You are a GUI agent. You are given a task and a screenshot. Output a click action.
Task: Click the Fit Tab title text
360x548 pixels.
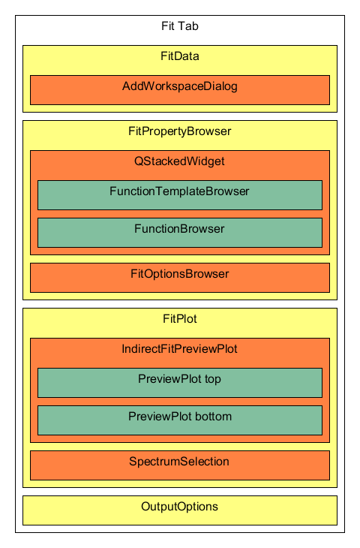click(180, 26)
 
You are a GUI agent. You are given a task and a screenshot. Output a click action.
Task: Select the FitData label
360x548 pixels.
click(180, 56)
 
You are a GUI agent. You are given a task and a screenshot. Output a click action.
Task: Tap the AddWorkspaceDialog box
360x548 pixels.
click(180, 90)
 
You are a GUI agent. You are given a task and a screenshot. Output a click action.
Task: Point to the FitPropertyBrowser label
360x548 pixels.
click(180, 131)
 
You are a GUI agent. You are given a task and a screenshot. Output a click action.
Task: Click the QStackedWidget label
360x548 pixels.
click(179, 161)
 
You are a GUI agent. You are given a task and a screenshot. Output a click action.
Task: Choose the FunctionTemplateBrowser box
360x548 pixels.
click(180, 195)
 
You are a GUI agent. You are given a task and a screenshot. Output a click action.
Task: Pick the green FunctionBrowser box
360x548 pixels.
click(180, 233)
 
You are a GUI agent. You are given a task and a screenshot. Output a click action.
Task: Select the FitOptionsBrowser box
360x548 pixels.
click(180, 278)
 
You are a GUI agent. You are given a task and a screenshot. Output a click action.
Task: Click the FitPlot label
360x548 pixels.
click(180, 319)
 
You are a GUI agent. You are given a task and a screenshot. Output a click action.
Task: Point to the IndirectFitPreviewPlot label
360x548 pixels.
click(179, 349)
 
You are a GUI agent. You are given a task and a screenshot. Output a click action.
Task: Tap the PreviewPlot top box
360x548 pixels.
click(180, 383)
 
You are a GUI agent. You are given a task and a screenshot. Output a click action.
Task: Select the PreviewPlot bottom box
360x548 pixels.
click(180, 420)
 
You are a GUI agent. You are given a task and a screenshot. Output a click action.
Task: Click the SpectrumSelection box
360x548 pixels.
click(180, 465)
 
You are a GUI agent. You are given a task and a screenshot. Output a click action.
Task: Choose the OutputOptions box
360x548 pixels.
click(180, 510)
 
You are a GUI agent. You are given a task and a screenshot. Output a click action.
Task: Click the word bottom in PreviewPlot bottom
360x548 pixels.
click(213, 417)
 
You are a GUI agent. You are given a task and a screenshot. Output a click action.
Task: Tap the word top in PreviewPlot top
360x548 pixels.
click(213, 380)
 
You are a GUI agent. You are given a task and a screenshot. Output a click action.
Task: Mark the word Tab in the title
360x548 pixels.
click(190, 26)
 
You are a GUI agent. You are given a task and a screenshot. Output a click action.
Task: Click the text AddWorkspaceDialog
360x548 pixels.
click(180, 86)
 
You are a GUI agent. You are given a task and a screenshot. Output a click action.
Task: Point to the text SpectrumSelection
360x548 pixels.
click(179, 462)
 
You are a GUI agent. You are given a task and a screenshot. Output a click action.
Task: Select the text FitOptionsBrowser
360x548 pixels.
click(180, 274)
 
